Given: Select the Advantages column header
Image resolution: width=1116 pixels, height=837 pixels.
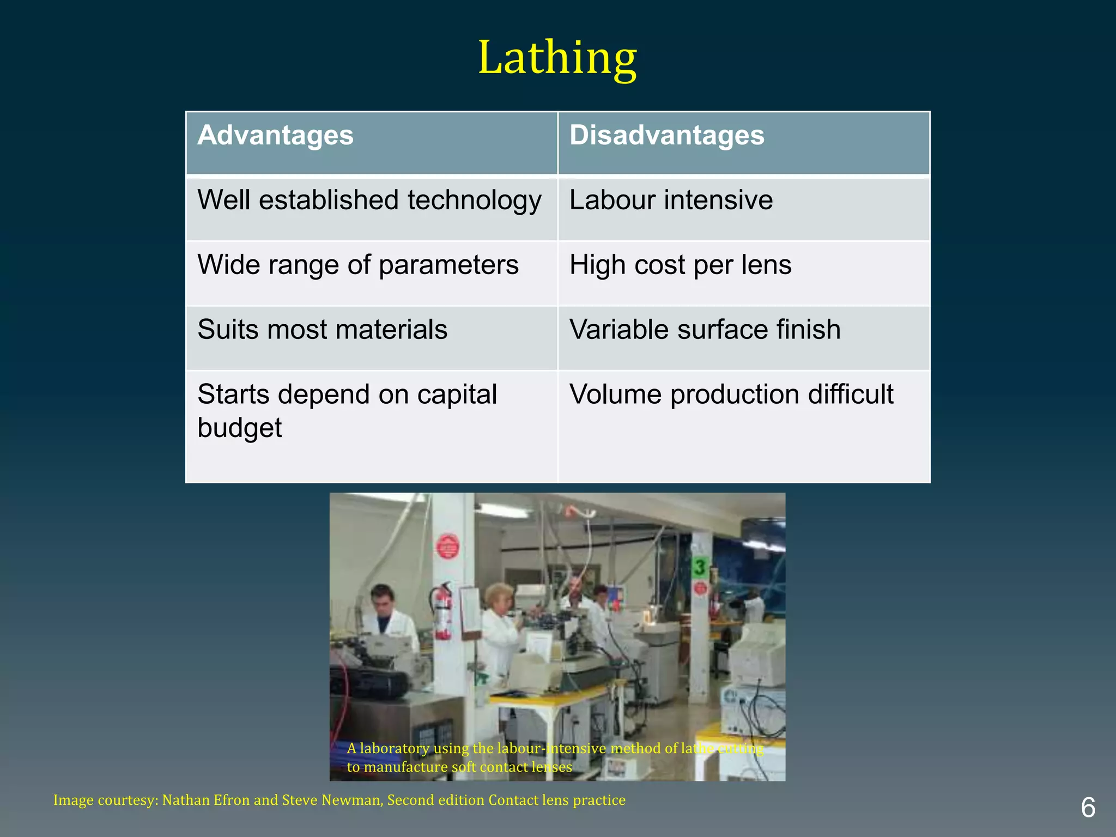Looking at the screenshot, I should click(276, 135).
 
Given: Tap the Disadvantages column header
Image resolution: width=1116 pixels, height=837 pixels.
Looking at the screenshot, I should click(666, 135).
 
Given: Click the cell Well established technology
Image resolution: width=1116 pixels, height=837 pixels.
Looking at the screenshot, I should click(369, 200).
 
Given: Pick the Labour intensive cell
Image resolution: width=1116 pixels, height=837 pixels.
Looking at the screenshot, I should click(671, 200).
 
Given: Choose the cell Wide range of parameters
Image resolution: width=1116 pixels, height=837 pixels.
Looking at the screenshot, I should click(358, 265).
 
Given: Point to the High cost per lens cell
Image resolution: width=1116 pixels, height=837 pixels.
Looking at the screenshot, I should click(680, 265).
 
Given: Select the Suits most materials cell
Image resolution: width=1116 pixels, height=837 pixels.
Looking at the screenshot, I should click(323, 330).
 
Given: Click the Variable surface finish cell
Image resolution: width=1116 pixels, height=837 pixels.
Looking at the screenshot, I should click(705, 330).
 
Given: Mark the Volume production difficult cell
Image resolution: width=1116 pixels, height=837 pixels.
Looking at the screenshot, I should click(731, 395).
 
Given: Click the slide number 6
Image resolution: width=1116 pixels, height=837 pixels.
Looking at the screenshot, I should click(1088, 808).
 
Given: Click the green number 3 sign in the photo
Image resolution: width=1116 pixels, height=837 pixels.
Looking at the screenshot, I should click(700, 567).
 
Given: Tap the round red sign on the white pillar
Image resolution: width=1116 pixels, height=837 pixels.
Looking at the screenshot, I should click(447, 546).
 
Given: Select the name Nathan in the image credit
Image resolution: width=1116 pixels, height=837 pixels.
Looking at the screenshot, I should click(186, 800).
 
